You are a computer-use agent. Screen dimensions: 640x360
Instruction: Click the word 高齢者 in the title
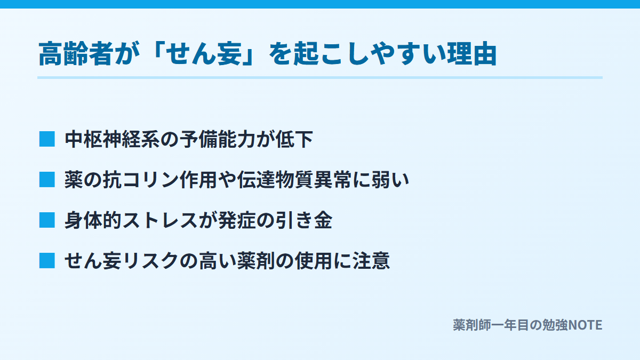click(x=75, y=54)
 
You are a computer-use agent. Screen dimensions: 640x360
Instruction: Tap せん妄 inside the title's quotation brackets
click(x=204, y=54)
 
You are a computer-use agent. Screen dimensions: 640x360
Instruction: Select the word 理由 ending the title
click(x=471, y=54)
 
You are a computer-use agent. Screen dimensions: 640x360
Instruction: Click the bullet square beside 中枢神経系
click(x=47, y=139)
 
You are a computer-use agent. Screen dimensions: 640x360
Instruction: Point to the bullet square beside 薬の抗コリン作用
click(x=47, y=180)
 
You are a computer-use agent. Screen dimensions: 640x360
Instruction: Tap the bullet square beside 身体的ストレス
click(x=47, y=220)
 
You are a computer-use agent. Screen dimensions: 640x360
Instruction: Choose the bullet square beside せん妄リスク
click(x=47, y=261)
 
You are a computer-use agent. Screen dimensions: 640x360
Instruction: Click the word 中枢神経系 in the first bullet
click(x=112, y=139)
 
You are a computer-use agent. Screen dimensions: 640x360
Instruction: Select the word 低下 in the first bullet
click(x=294, y=139)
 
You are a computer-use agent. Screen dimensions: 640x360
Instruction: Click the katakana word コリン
click(x=150, y=180)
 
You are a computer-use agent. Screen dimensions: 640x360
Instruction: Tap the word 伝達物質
click(x=275, y=180)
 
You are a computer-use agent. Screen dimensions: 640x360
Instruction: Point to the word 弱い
click(x=390, y=180)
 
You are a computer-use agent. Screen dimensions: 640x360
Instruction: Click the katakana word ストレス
click(x=161, y=221)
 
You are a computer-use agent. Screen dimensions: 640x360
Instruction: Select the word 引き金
click(x=304, y=221)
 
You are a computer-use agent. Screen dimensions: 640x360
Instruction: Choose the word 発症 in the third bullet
click(x=237, y=221)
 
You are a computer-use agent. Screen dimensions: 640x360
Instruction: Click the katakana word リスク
click(x=150, y=261)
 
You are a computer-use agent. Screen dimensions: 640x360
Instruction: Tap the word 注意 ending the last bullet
click(x=371, y=261)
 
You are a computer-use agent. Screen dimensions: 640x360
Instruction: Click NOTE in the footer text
click(x=585, y=325)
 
